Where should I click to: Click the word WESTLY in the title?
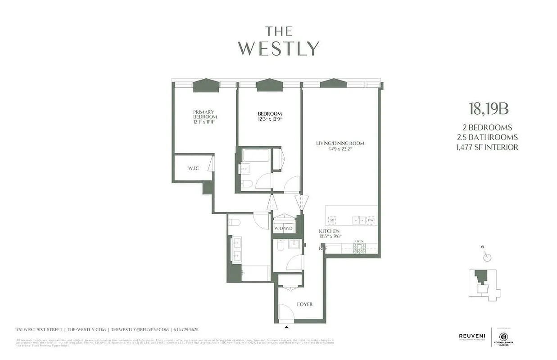(278, 49)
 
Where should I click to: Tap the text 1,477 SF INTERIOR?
(490, 147)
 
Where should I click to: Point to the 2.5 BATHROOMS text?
(490, 137)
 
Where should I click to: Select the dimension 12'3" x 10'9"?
(270, 120)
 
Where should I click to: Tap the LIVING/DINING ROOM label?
(340, 144)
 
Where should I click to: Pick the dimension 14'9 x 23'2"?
(340, 149)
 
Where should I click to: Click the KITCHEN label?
(329, 231)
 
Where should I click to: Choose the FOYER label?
(304, 304)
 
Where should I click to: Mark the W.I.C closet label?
(194, 168)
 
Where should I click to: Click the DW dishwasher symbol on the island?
(371, 220)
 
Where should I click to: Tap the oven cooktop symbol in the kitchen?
(359, 247)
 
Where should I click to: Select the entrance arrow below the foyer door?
(287, 327)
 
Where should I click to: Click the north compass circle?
(487, 257)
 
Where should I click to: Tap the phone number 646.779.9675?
(186, 329)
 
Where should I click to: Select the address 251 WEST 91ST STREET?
(39, 329)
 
